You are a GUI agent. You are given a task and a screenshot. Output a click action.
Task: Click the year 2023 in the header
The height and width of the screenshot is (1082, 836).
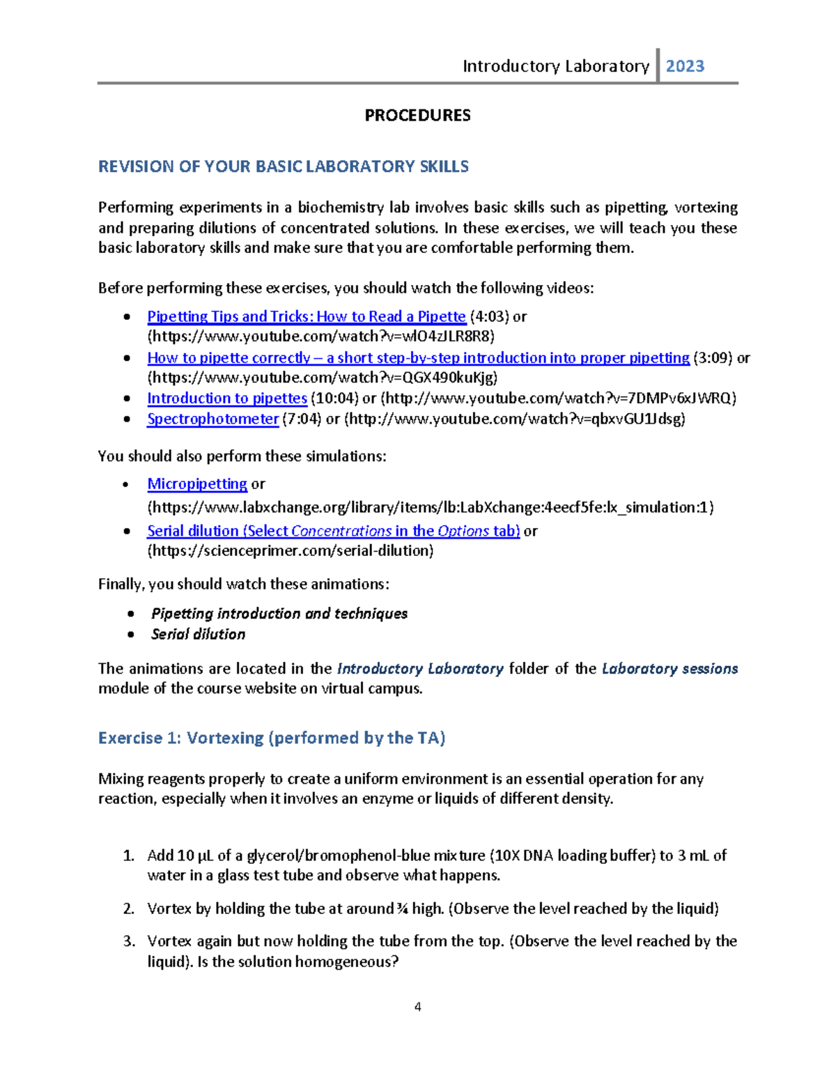tap(685, 66)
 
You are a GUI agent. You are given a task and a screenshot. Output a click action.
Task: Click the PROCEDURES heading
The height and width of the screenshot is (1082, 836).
tap(417, 116)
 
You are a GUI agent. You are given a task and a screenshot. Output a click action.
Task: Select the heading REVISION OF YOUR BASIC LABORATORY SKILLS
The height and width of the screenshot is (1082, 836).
tap(283, 167)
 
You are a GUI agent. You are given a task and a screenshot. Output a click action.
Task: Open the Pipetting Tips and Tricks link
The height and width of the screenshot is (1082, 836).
tap(306, 316)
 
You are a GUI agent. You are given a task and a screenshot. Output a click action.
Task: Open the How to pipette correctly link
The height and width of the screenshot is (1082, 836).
tap(418, 357)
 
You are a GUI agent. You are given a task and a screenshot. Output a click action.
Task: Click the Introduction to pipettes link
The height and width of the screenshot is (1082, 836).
tap(226, 398)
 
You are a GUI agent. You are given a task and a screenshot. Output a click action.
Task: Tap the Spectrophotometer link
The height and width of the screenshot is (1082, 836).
tap(212, 419)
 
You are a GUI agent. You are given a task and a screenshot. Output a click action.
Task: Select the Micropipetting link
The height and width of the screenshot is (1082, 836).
tap(196, 484)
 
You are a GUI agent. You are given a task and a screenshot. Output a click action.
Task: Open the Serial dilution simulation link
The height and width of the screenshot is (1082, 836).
tap(333, 531)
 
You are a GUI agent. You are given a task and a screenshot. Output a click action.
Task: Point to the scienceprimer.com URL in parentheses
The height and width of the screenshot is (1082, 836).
tap(290, 550)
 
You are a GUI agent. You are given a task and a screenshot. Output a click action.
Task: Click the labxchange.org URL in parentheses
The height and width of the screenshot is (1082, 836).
tap(430, 507)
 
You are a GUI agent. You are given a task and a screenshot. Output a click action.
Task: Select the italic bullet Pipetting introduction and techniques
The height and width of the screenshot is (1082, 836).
tap(279, 614)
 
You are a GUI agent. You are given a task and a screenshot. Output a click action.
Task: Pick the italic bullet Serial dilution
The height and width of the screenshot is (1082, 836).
tap(198, 634)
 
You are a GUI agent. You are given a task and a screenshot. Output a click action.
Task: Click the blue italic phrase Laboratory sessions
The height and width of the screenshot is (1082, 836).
tap(669, 669)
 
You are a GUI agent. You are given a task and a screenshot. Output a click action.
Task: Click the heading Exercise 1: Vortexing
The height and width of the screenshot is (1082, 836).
tap(272, 738)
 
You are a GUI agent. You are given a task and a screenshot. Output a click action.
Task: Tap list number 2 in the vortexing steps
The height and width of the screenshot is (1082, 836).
tap(128, 909)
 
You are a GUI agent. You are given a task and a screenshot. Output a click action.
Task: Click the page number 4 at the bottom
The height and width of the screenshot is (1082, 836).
tap(417, 1007)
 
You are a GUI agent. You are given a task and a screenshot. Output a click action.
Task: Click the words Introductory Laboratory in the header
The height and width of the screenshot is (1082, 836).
tap(555, 66)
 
